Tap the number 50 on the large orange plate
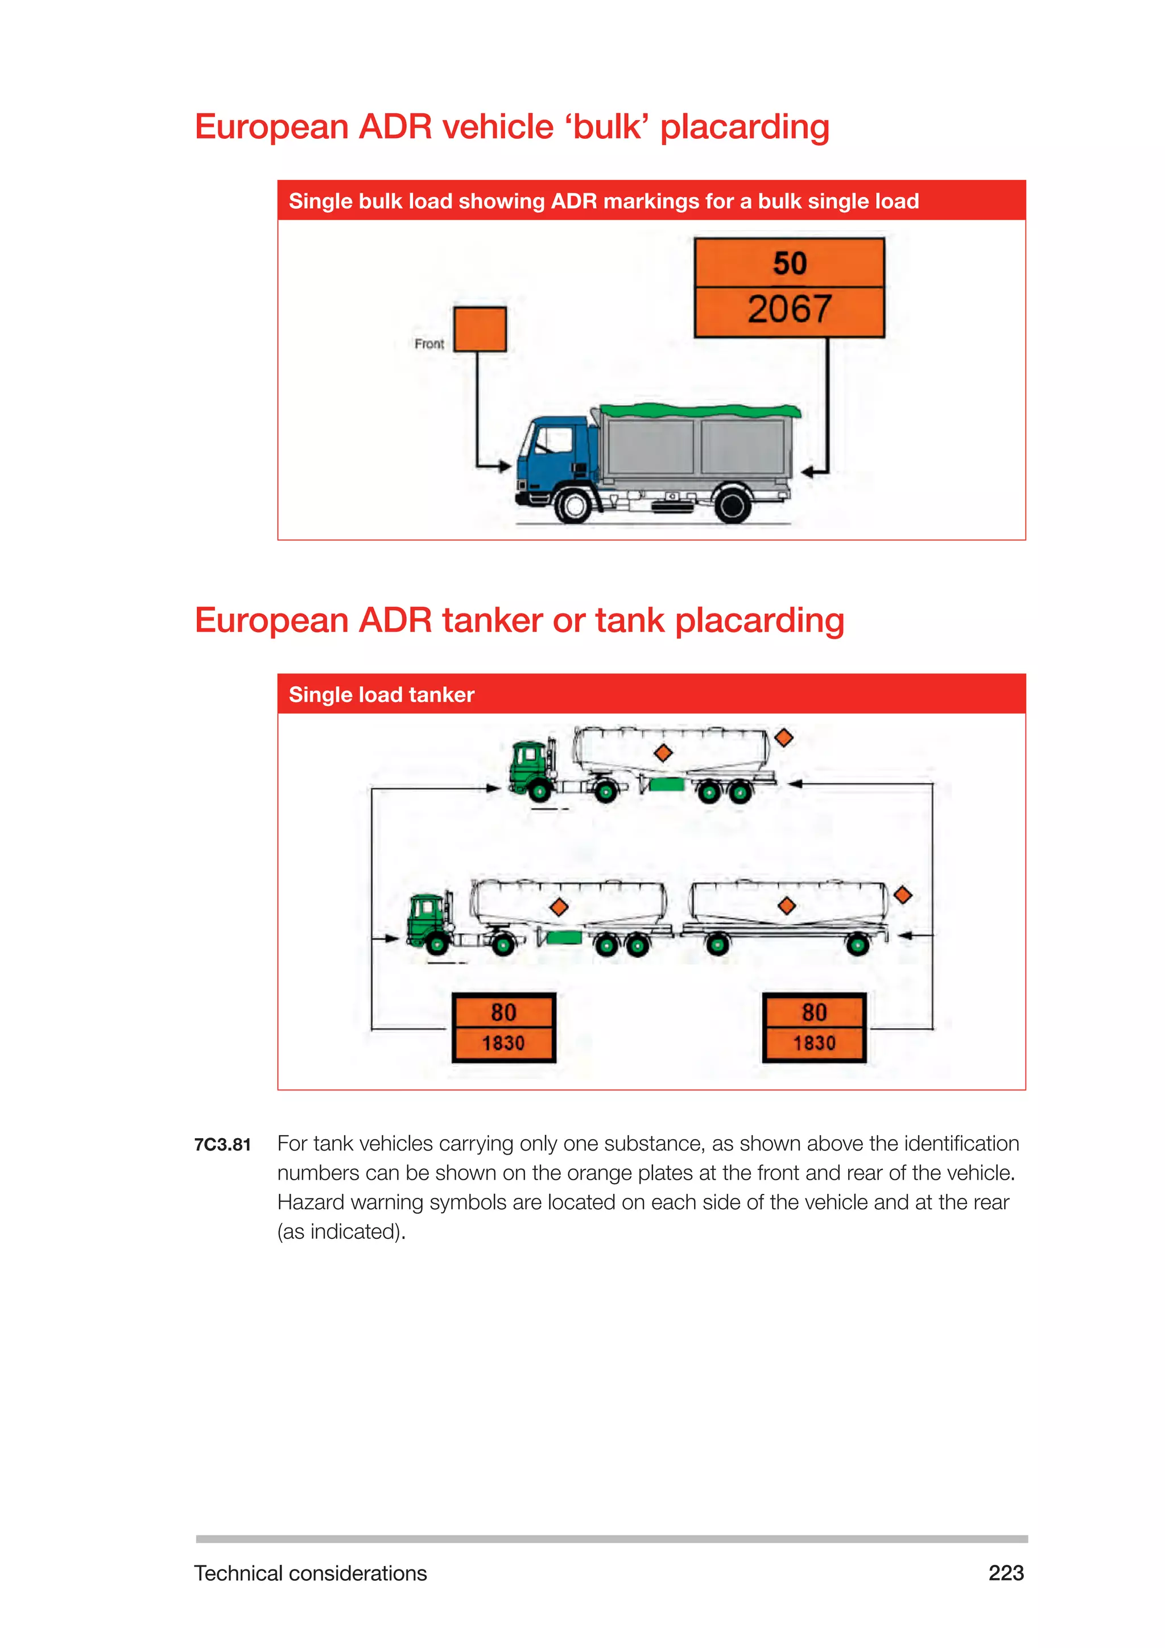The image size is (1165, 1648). click(x=789, y=263)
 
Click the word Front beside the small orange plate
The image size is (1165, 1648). click(x=429, y=344)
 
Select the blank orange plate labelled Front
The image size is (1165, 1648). click(x=480, y=329)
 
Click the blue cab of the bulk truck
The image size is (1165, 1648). click(x=556, y=452)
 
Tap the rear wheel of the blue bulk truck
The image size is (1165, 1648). click(x=733, y=505)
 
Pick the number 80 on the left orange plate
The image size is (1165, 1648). click(x=503, y=1012)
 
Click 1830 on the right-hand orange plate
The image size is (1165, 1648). click(x=814, y=1043)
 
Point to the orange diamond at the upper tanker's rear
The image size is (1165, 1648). click(x=784, y=737)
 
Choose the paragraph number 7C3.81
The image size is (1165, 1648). click(x=222, y=1145)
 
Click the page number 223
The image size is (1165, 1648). click(x=1006, y=1573)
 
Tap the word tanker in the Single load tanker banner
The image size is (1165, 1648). click(x=441, y=695)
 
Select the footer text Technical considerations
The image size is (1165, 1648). click(x=310, y=1573)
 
